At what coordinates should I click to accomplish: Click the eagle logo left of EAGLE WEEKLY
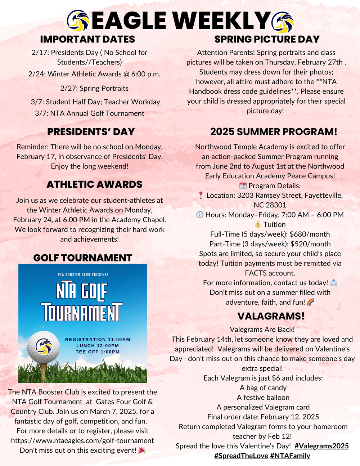coord(78,21)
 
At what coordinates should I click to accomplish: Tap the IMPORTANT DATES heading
coord(87,39)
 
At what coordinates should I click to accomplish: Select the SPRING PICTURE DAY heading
coord(267,39)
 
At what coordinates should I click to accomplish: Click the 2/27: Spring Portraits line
coord(94,88)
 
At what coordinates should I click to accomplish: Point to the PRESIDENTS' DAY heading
coord(91,132)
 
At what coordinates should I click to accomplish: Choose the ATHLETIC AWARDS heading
coord(94,184)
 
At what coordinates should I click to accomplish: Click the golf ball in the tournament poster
coord(43,346)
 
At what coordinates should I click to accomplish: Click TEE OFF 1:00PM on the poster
coord(98,352)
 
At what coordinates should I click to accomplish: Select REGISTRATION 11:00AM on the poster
coord(98,340)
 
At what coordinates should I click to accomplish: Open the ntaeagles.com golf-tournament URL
coord(82,440)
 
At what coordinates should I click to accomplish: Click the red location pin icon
coord(201,195)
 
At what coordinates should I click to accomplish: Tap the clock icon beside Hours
coord(200,215)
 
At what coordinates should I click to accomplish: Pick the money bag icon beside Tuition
coord(258,224)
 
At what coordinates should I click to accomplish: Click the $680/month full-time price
coord(310,234)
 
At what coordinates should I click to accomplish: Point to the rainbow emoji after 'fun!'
coord(311,302)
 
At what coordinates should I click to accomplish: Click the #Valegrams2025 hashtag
coord(321,446)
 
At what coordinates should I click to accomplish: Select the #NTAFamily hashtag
coord(290,456)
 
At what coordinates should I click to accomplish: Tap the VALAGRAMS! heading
coord(271,316)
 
